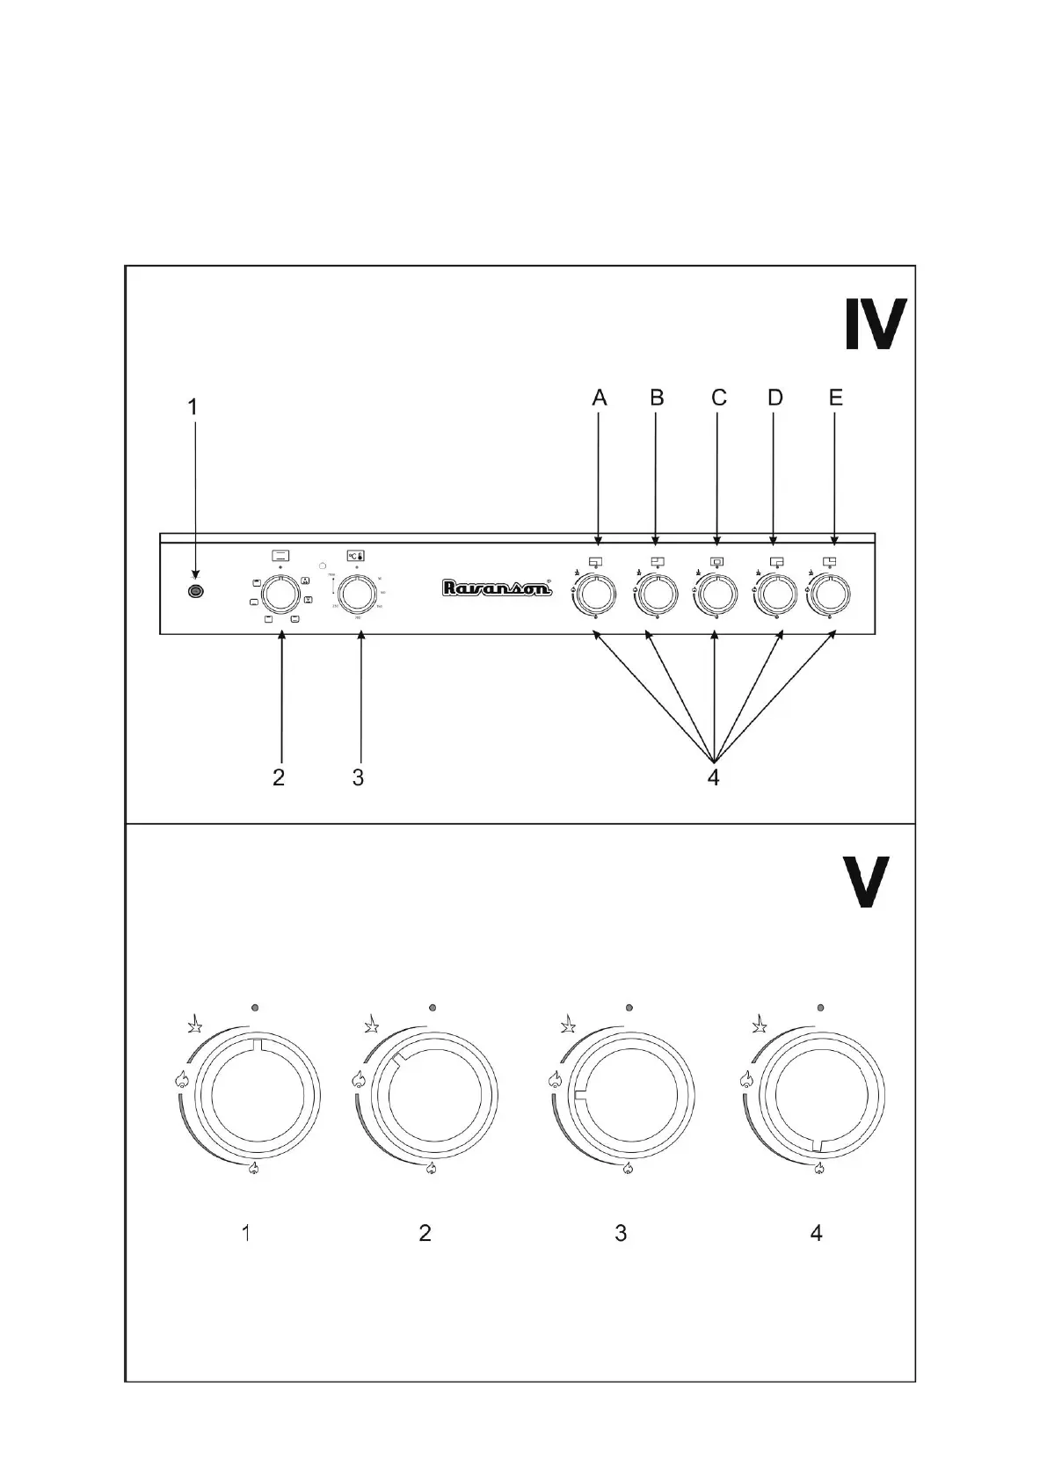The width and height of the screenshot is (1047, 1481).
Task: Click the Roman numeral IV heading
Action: coord(874,325)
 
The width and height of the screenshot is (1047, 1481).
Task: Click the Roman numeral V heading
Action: coord(865,883)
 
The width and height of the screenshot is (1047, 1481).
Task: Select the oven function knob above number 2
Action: coord(280,595)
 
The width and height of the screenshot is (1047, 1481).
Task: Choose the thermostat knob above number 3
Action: coord(357,595)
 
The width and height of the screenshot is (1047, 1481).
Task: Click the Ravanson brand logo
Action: coord(497,588)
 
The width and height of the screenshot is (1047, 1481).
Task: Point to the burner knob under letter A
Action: coord(596,595)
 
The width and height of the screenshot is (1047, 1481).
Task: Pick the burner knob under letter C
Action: coord(716,595)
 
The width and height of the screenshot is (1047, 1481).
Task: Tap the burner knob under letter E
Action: coord(831,595)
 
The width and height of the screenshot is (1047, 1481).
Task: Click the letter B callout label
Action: coord(657,398)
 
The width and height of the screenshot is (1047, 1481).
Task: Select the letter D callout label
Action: coord(774,398)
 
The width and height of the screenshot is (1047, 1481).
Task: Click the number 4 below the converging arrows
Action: coord(714,778)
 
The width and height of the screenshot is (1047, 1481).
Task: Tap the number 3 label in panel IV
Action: coord(358,778)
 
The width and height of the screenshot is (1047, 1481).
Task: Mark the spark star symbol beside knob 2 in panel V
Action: coord(372,1025)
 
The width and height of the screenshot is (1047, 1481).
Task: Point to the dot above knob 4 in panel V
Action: coord(820,1007)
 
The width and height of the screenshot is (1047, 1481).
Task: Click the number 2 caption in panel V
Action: coord(425,1234)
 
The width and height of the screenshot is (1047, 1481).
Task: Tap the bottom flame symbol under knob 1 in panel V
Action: coord(255,1168)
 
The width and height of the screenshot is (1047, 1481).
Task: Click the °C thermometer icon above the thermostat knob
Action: coord(356,556)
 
